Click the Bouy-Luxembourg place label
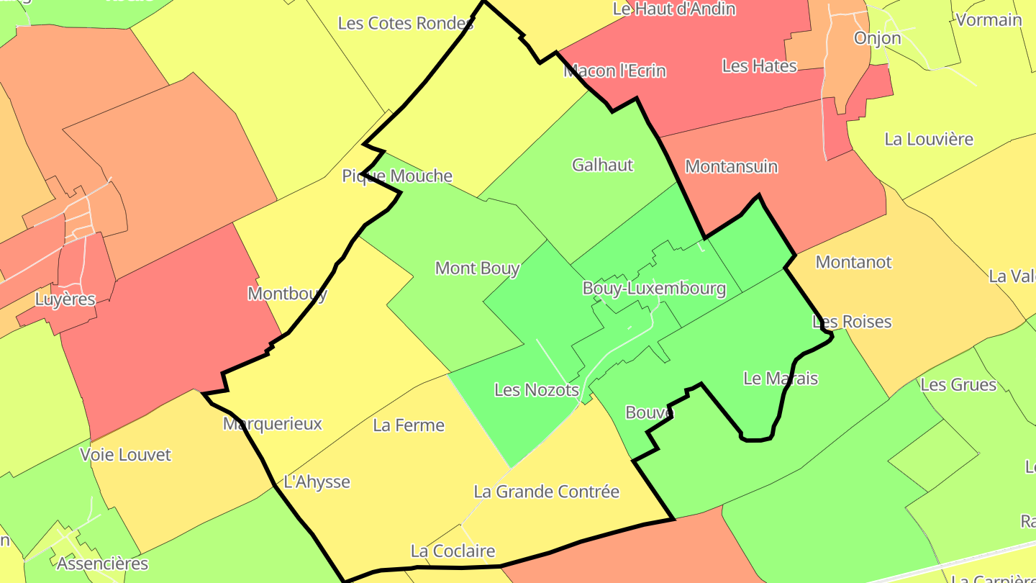pos(653,289)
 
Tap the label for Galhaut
pos(602,165)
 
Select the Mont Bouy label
pos(477,268)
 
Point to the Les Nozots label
pos(536,390)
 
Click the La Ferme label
pos(409,425)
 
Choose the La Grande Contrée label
pos(546,492)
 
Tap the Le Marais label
pos(780,378)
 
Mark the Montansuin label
pos(731,166)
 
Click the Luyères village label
pos(65,299)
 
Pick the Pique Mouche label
pos(397,176)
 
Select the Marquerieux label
pos(273,423)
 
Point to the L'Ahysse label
pos(317,482)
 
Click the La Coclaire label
pos(453,551)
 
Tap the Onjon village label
pos(877,38)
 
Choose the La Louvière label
pos(928,139)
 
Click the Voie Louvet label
pos(126,455)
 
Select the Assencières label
pos(102,563)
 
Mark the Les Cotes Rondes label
pos(406,23)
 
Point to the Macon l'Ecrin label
pos(614,71)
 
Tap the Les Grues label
pos(958,384)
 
